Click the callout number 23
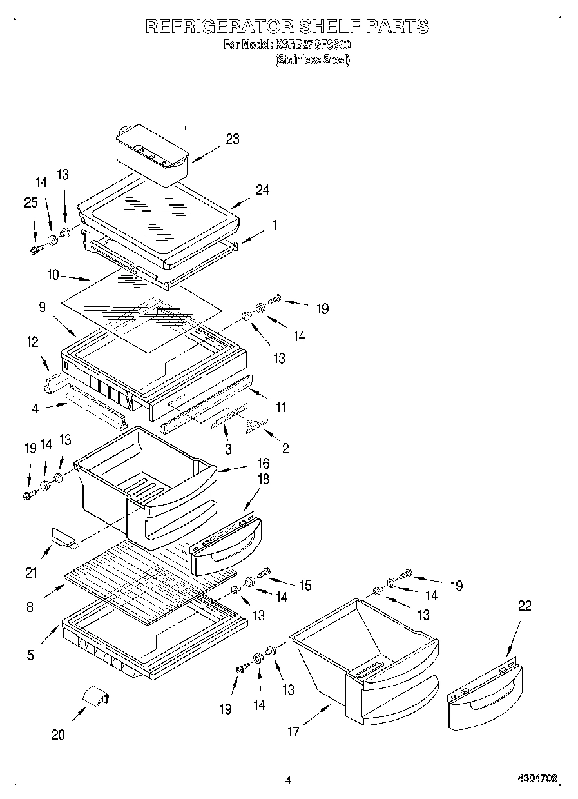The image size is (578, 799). tap(232, 139)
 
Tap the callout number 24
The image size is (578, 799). tap(262, 190)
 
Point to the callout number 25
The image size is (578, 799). tap(31, 202)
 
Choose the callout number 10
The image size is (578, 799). tap(53, 275)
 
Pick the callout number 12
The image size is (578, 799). tap(32, 342)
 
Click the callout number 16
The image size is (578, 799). tap(263, 463)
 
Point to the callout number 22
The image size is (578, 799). tap(525, 606)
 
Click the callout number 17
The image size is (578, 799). tap(293, 732)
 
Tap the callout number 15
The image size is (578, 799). tap(304, 585)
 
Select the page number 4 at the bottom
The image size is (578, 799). tap(288, 780)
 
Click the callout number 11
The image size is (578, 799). tap(281, 407)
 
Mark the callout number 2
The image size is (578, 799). tap(285, 448)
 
